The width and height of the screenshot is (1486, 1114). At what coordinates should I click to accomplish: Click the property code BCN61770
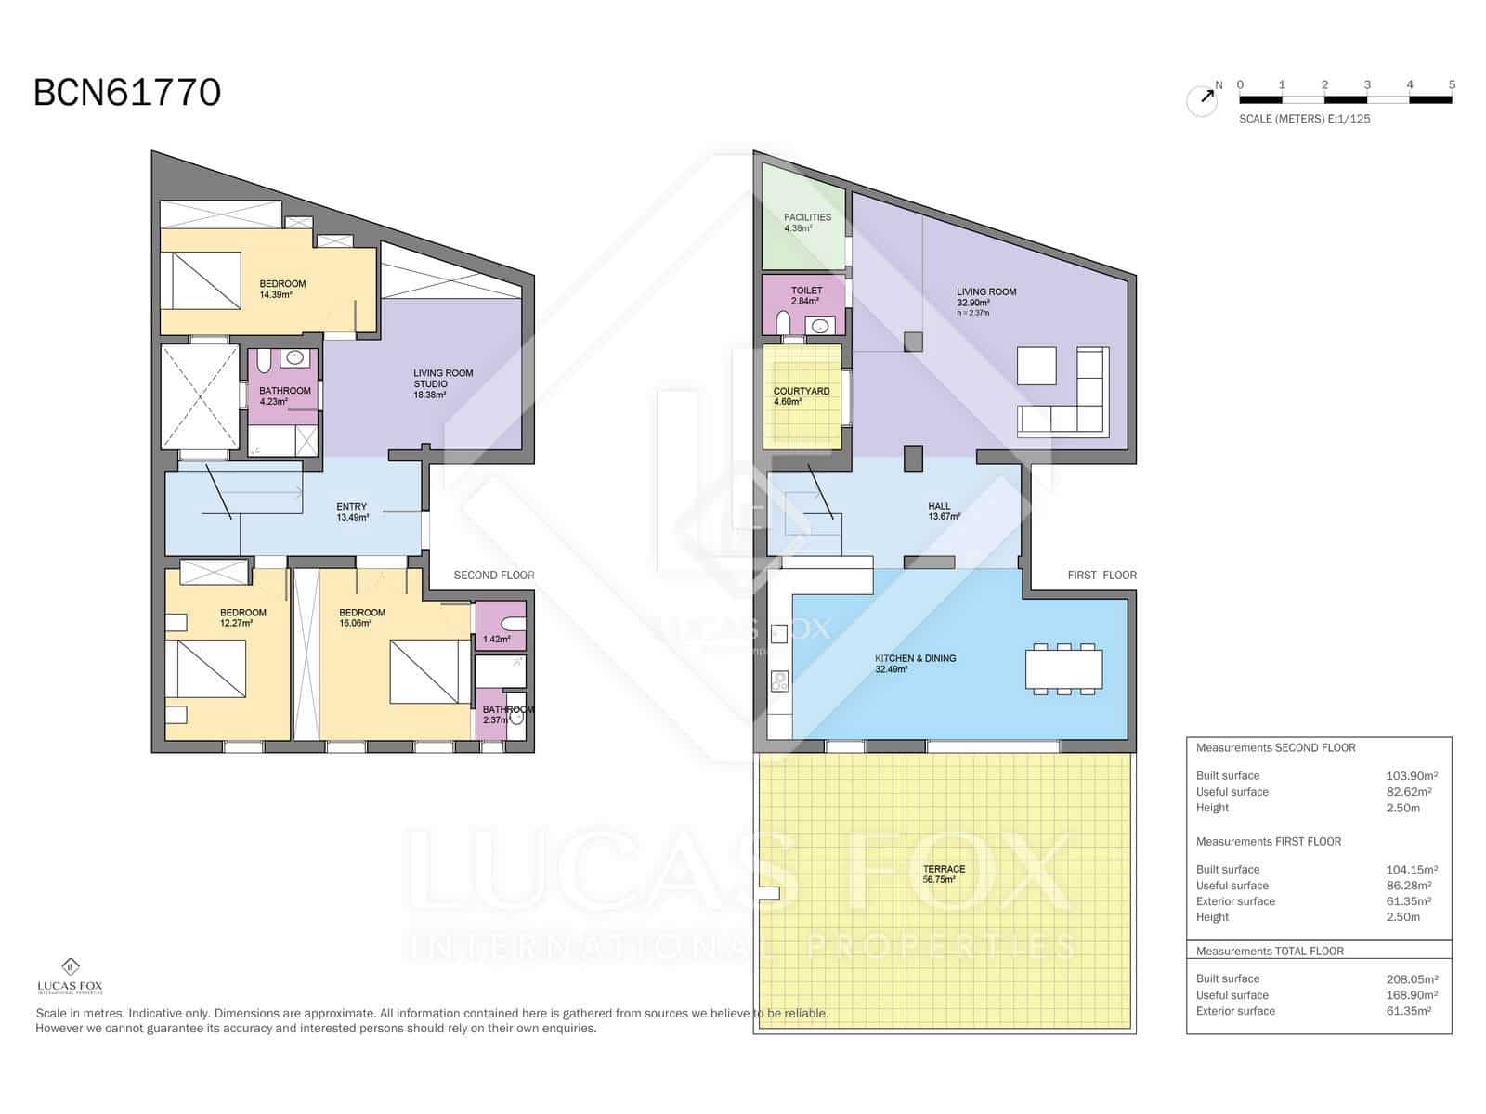[x=127, y=93]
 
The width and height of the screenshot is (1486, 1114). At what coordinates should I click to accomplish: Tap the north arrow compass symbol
[x=1203, y=99]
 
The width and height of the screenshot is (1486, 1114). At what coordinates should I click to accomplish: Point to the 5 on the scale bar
[x=1452, y=84]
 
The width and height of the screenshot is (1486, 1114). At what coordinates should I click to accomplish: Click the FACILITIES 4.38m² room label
[x=807, y=222]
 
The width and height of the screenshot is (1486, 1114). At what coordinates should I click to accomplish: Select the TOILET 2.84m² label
[x=806, y=295]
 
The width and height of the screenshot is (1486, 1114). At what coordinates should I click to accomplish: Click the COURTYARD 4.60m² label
[x=801, y=396]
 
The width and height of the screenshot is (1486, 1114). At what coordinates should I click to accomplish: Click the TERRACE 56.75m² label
[x=944, y=874]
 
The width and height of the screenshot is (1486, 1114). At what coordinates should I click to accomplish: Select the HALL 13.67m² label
[x=943, y=512]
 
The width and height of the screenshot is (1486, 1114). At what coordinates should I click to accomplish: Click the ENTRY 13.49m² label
[x=352, y=512]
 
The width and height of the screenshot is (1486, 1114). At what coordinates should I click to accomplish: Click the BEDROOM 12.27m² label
[x=242, y=617]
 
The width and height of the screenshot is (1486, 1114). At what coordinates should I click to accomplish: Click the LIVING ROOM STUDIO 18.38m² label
[x=442, y=383]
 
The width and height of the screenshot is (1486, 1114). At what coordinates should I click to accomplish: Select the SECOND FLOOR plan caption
[x=494, y=576]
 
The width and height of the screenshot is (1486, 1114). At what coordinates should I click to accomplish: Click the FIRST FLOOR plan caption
[x=1101, y=576]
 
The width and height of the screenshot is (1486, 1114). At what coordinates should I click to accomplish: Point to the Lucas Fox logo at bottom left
[x=70, y=976]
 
